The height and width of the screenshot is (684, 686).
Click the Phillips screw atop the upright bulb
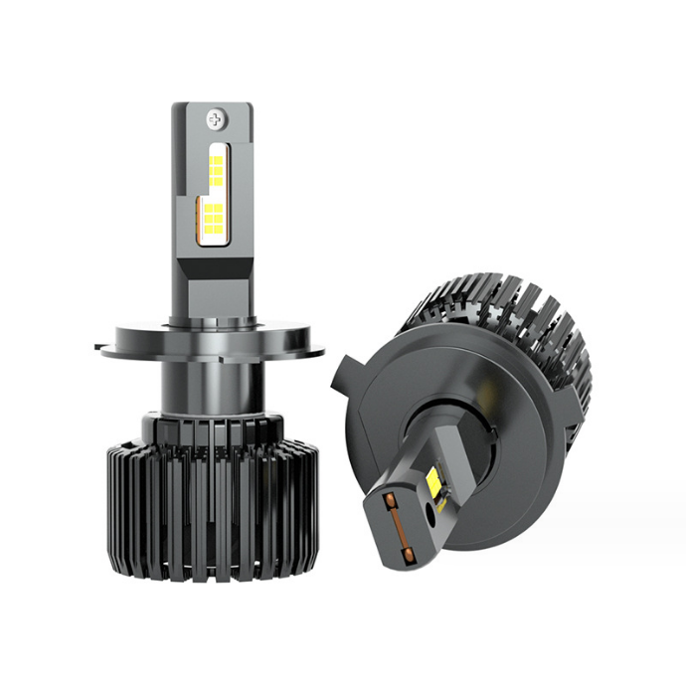tap(214, 120)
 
